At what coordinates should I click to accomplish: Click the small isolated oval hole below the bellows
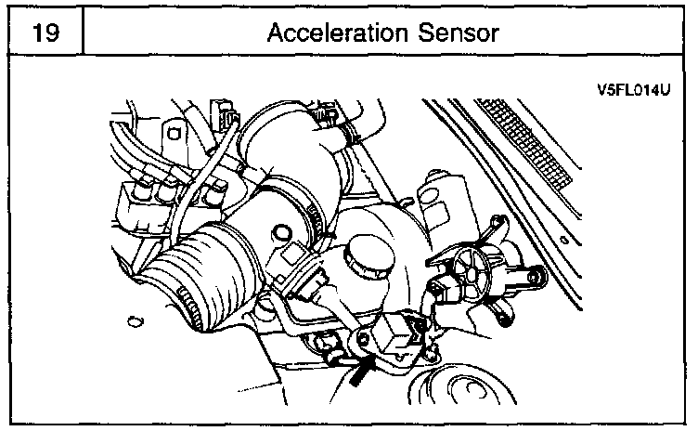[136, 321]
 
